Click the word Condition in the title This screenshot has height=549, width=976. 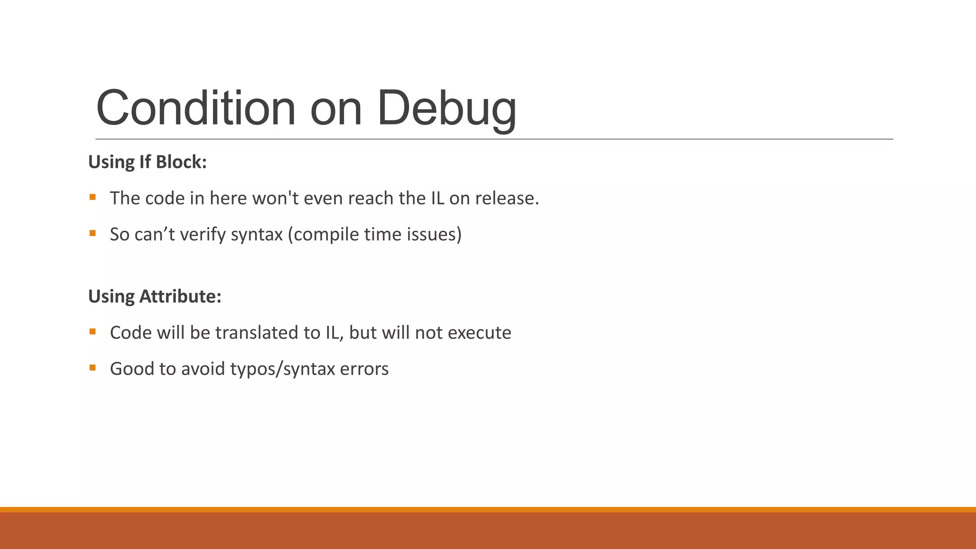click(x=195, y=108)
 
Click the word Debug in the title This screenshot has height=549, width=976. click(x=447, y=108)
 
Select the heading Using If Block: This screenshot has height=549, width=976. click(x=147, y=162)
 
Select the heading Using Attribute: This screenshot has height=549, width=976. click(x=155, y=296)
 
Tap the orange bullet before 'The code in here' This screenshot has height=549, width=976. click(x=92, y=197)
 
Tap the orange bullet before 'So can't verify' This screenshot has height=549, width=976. click(x=92, y=233)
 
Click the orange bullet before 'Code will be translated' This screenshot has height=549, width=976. click(x=92, y=331)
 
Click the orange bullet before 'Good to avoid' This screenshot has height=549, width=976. click(x=92, y=367)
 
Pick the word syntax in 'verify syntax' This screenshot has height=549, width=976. click(x=257, y=234)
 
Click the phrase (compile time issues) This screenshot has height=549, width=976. click(x=375, y=234)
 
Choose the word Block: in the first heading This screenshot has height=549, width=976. click(x=181, y=162)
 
